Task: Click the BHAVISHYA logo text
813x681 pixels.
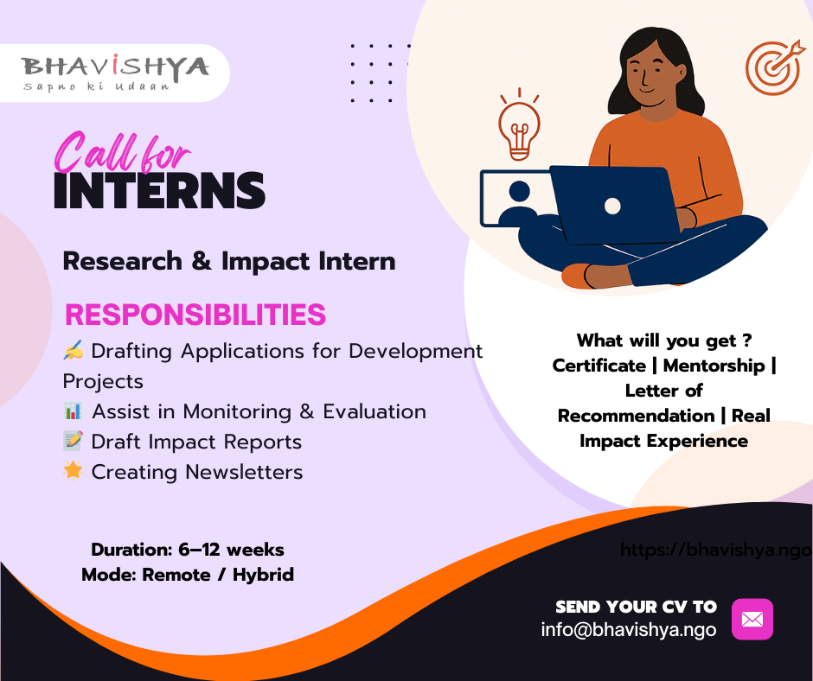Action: tap(116, 67)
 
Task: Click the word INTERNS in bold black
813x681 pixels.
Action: tap(159, 191)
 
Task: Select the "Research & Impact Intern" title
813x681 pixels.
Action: tap(229, 261)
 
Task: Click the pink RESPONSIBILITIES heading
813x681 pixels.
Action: tap(195, 315)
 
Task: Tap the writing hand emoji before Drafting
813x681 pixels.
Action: tap(74, 352)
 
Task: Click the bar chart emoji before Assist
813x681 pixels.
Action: tap(74, 411)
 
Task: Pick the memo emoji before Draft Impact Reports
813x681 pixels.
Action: tap(74, 442)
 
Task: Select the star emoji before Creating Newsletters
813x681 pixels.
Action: tap(74, 472)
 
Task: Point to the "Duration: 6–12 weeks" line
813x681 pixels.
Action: tap(188, 549)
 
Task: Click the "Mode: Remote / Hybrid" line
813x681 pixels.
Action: tap(188, 574)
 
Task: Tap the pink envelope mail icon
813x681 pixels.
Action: tap(752, 619)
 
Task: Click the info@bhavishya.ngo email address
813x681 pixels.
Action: tap(629, 630)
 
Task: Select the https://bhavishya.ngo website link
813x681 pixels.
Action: tap(716, 550)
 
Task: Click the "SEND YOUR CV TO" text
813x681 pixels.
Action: tap(636, 607)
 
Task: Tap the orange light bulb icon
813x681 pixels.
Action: tap(519, 129)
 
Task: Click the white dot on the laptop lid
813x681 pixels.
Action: tap(612, 206)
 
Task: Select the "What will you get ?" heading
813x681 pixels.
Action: tap(663, 340)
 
